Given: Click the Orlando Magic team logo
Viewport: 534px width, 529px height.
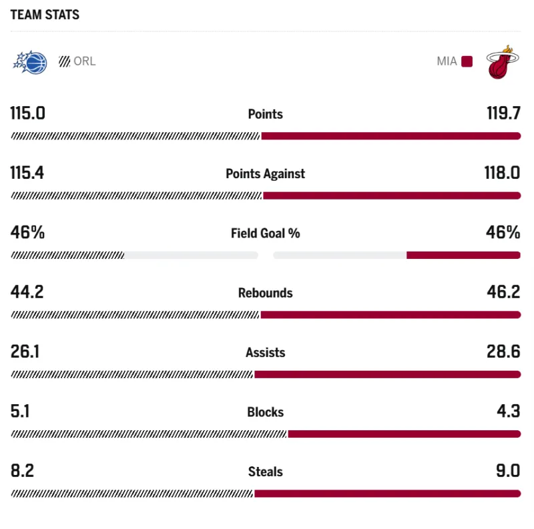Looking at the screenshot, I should coord(30,62).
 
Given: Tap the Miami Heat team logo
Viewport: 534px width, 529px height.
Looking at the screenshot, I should coord(503,62).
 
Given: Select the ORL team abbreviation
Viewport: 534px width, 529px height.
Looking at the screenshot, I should coord(85,61).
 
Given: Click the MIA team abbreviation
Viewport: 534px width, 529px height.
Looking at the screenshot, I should coord(447,61).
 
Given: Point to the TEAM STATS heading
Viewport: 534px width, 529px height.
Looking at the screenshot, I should coord(45,15).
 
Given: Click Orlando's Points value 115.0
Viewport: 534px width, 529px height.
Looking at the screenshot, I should coord(27,113).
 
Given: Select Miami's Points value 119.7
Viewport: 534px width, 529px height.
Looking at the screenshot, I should coord(503,113).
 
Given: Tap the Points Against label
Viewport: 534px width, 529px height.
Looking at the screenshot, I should coord(265,173).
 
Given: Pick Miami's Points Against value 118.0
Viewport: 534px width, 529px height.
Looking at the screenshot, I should coord(502,173).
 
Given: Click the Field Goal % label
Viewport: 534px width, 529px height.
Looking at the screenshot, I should coord(265,233).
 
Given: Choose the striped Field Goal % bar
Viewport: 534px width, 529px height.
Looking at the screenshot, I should coord(67,255).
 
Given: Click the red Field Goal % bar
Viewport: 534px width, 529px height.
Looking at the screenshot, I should coord(463,255).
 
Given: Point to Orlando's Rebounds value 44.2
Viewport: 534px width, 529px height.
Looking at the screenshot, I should coord(27,292).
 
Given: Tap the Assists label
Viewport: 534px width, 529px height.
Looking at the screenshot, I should coord(265,352).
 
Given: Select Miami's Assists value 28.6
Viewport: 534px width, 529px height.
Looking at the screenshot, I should coord(503,352).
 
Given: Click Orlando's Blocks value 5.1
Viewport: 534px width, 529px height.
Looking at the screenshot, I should coord(20,412).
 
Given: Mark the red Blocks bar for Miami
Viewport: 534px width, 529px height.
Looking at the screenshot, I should coord(404,434).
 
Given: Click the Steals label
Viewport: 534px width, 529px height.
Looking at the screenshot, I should coord(265,472).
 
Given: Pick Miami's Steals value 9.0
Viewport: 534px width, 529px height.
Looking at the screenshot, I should coord(507,471).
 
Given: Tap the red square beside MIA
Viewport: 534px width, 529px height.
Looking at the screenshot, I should coord(467,61).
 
